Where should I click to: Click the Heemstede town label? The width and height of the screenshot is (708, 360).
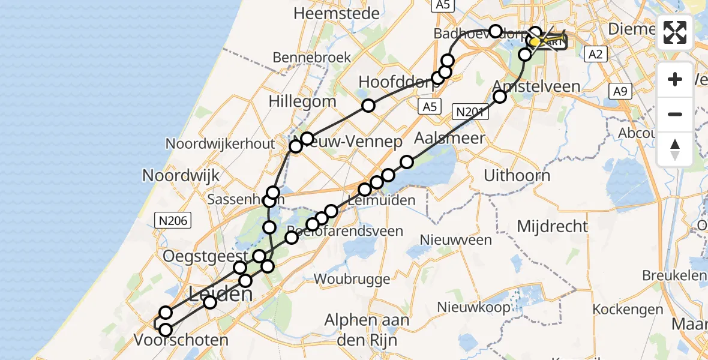click(x=337, y=13)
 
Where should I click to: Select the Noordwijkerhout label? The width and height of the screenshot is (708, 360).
click(x=220, y=144)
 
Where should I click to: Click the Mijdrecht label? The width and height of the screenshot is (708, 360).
click(x=551, y=226)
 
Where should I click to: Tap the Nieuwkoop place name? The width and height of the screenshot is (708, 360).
click(x=468, y=307)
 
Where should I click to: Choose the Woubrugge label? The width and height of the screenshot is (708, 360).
click(x=352, y=278)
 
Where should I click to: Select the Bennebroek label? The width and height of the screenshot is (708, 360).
click(x=311, y=58)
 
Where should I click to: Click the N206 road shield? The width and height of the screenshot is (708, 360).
click(x=173, y=221)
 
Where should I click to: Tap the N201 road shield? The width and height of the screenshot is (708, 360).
click(x=468, y=111)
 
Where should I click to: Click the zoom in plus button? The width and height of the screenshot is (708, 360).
click(x=675, y=79)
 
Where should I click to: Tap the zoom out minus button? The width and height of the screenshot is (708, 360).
click(x=675, y=114)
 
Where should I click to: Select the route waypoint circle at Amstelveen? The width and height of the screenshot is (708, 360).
click(x=499, y=97)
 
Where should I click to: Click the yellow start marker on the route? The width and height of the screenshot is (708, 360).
click(x=533, y=42)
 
